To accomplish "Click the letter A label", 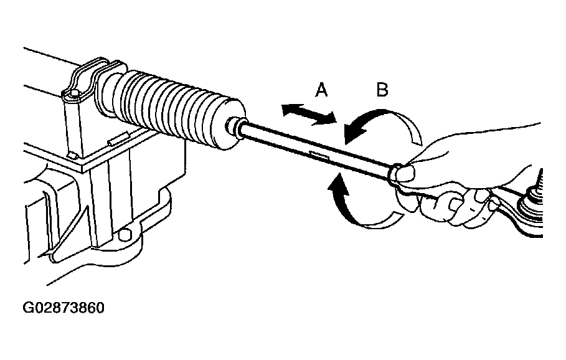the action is tap(321, 90).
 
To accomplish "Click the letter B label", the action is tap(382, 90).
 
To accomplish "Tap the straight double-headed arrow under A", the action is tap(309, 114).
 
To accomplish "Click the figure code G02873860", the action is tap(64, 308).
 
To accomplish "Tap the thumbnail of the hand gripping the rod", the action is tap(404, 173).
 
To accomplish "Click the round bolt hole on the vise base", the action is tap(125, 235).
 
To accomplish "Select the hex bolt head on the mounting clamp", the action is tap(73, 95).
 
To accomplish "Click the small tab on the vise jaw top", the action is tap(119, 139).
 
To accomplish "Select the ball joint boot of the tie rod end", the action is tap(531, 213).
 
